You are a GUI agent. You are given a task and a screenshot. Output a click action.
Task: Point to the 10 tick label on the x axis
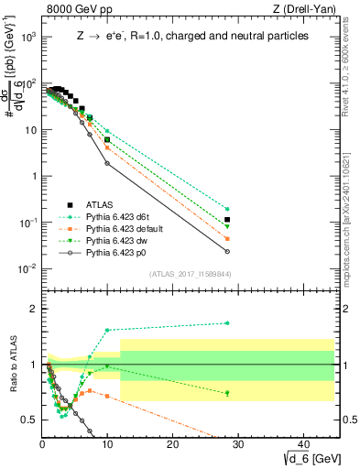(x=107, y=442)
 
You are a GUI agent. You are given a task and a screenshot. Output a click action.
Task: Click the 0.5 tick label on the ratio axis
(x=29, y=420)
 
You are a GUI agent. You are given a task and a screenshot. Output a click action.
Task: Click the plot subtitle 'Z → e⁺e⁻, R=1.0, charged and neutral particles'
(x=191, y=36)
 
